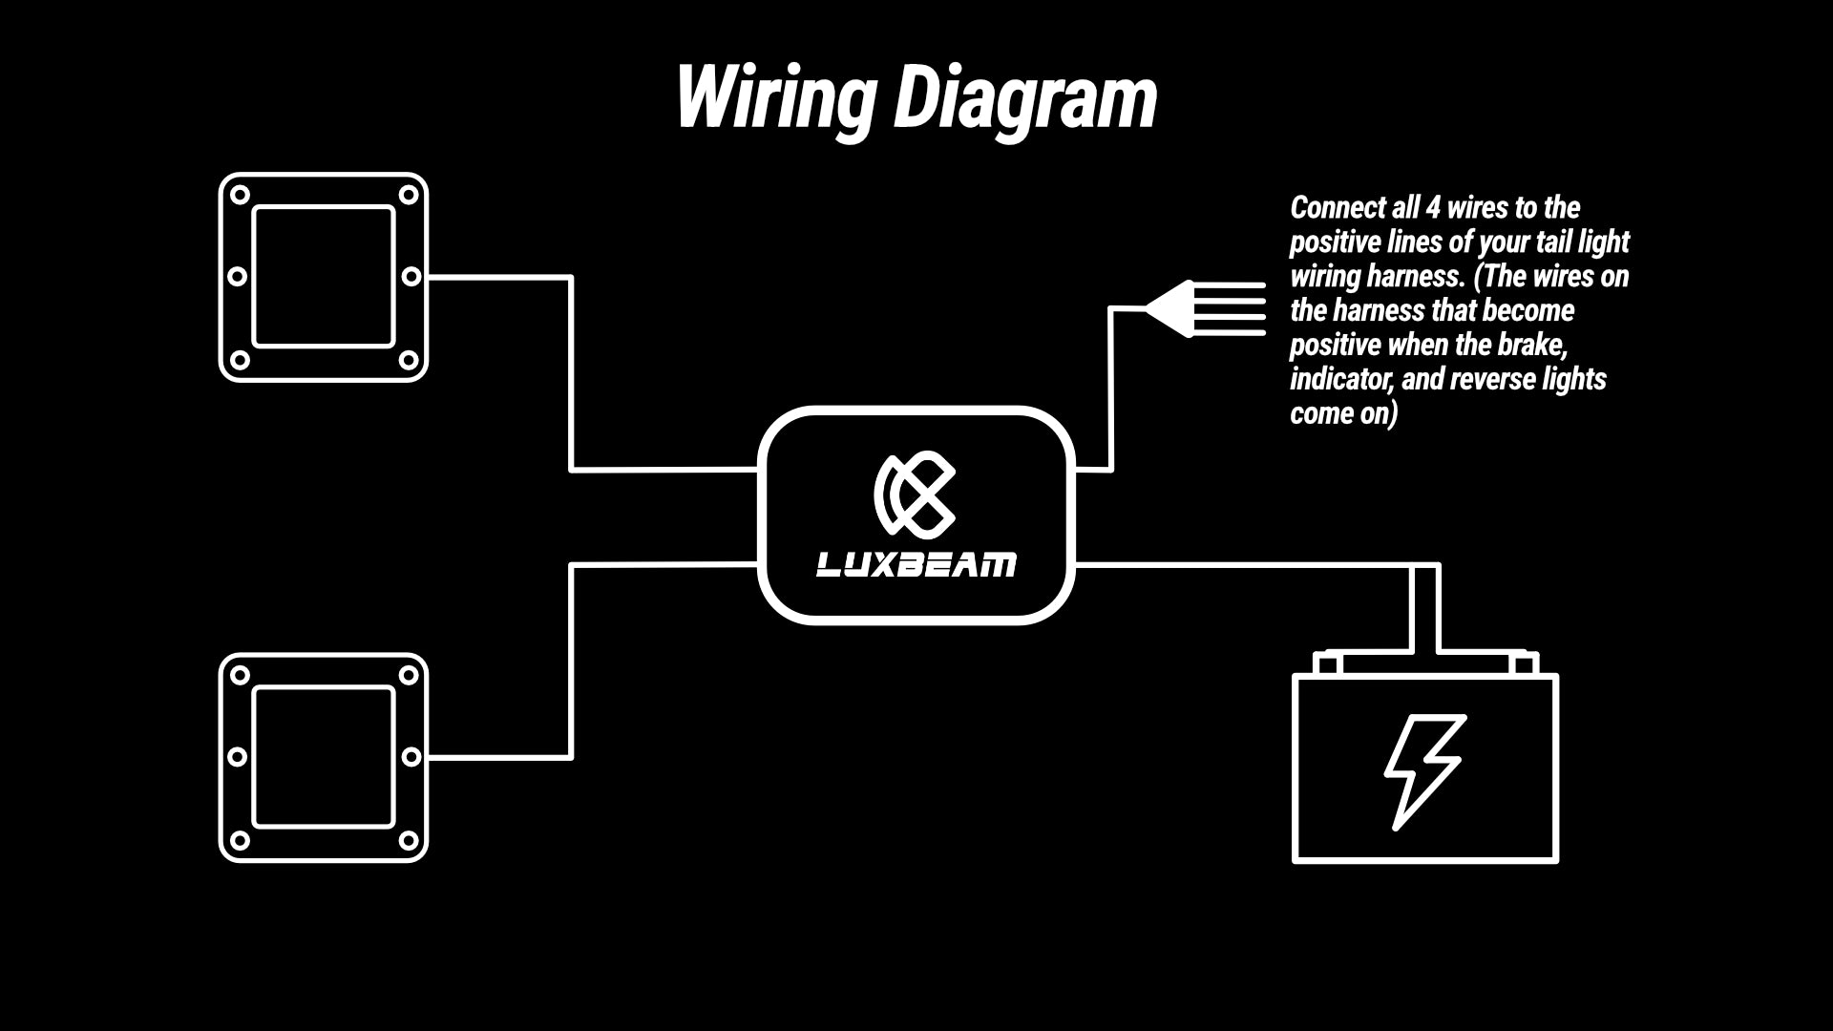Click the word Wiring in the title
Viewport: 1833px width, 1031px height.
[x=775, y=98]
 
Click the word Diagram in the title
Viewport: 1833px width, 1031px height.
[x=1024, y=98]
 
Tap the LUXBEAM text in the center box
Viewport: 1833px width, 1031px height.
[x=916, y=565]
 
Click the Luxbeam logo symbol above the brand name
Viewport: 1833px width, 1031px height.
[x=915, y=494]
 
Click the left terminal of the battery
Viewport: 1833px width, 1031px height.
[x=1328, y=663]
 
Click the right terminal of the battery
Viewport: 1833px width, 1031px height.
[x=1525, y=663]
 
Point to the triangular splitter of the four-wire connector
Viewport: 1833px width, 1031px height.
[x=1170, y=308]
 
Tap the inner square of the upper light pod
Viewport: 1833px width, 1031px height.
[x=324, y=277]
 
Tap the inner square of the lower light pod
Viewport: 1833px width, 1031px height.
[x=324, y=757]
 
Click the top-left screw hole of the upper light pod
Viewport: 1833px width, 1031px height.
[x=240, y=195]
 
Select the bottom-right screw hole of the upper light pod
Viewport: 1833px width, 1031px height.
[x=409, y=360]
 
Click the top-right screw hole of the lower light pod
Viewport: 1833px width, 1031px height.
[x=409, y=675]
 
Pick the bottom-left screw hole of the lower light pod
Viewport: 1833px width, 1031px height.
[x=240, y=840]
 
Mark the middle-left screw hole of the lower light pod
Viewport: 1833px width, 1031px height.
[x=237, y=757]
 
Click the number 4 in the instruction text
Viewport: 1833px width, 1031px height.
[x=1432, y=208]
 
